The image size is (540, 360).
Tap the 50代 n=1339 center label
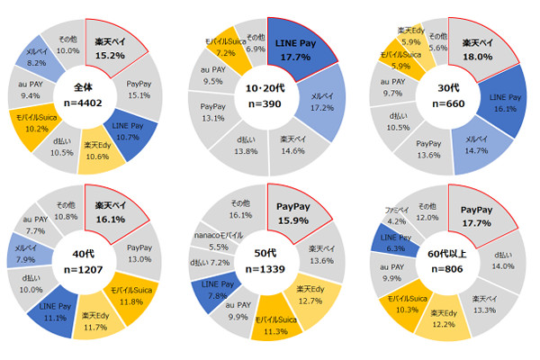point(267,264)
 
